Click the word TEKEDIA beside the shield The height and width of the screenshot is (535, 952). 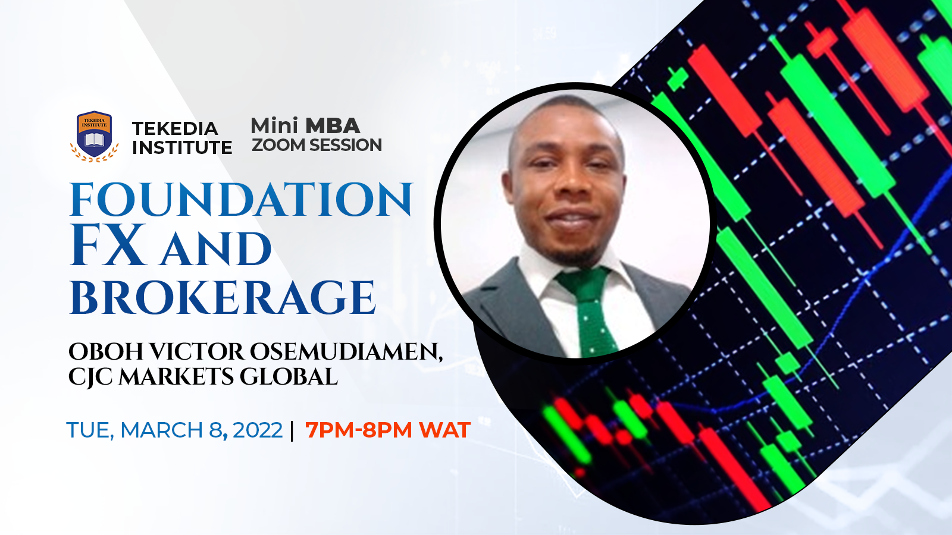(175, 128)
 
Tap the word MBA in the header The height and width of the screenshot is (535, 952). (333, 125)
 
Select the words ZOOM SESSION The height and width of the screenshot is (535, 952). (317, 145)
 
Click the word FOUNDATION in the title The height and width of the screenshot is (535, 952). (241, 200)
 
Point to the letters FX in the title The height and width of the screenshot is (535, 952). (107, 245)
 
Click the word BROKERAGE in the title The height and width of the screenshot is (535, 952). (223, 297)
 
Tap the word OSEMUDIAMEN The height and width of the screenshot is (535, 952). (346, 352)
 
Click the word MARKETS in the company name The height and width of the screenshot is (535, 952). (176, 377)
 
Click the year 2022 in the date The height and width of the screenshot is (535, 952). (258, 430)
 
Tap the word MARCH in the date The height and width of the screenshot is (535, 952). (161, 430)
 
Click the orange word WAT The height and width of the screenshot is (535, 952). (444, 430)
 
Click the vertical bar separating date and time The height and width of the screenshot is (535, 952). (292, 430)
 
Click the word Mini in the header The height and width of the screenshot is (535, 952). (275, 125)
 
